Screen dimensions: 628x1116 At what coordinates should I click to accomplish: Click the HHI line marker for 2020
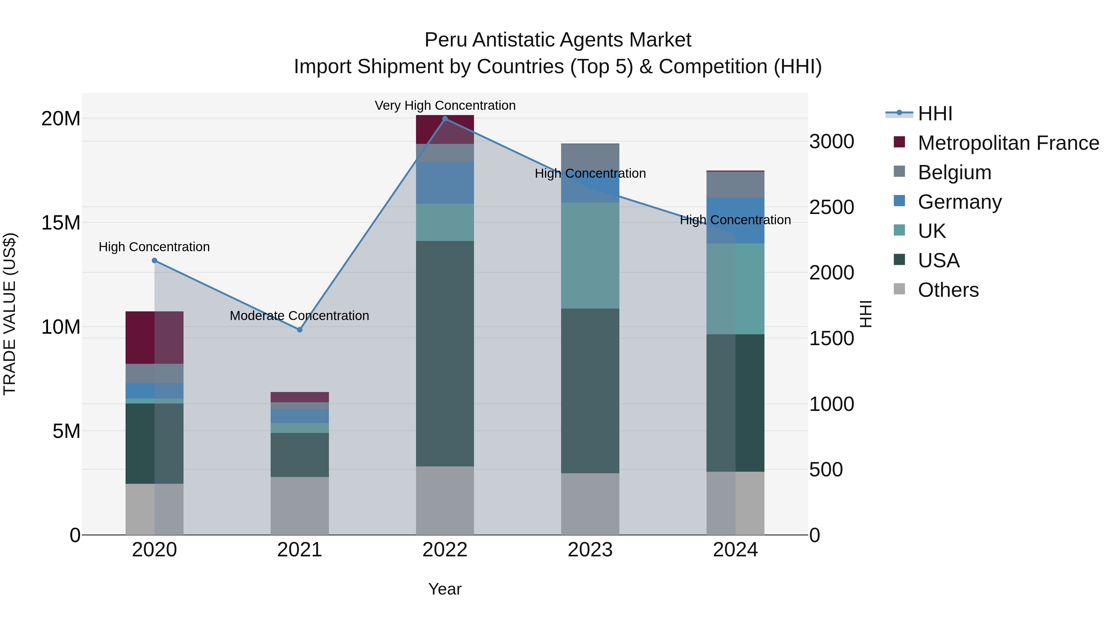coord(154,261)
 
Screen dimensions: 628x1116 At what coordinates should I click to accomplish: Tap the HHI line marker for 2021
coord(299,330)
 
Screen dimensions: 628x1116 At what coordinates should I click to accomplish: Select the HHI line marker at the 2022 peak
coord(445,119)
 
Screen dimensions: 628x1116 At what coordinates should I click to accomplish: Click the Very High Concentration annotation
coord(445,105)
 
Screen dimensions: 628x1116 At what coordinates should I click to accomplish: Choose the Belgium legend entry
coord(954,172)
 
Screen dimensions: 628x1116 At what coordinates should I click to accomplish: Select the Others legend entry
coord(948,290)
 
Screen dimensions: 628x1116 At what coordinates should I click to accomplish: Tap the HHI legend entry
coord(935,114)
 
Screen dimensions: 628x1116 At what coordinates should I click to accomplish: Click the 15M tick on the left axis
coord(61,223)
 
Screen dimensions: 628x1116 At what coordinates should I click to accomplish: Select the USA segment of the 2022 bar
coord(445,353)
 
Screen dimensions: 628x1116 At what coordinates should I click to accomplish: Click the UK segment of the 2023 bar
coord(590,256)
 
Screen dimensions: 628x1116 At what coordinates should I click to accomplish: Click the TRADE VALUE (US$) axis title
coord(10,314)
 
